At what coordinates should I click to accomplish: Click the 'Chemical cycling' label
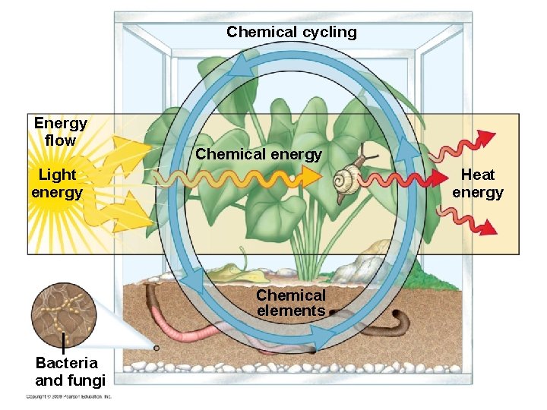[291, 32]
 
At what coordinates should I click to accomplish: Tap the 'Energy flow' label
[60, 131]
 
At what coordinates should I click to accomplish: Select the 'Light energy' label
[57, 183]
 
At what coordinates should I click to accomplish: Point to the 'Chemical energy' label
[258, 154]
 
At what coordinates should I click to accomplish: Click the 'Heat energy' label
[477, 183]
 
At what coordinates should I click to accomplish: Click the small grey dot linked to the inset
[156, 348]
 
